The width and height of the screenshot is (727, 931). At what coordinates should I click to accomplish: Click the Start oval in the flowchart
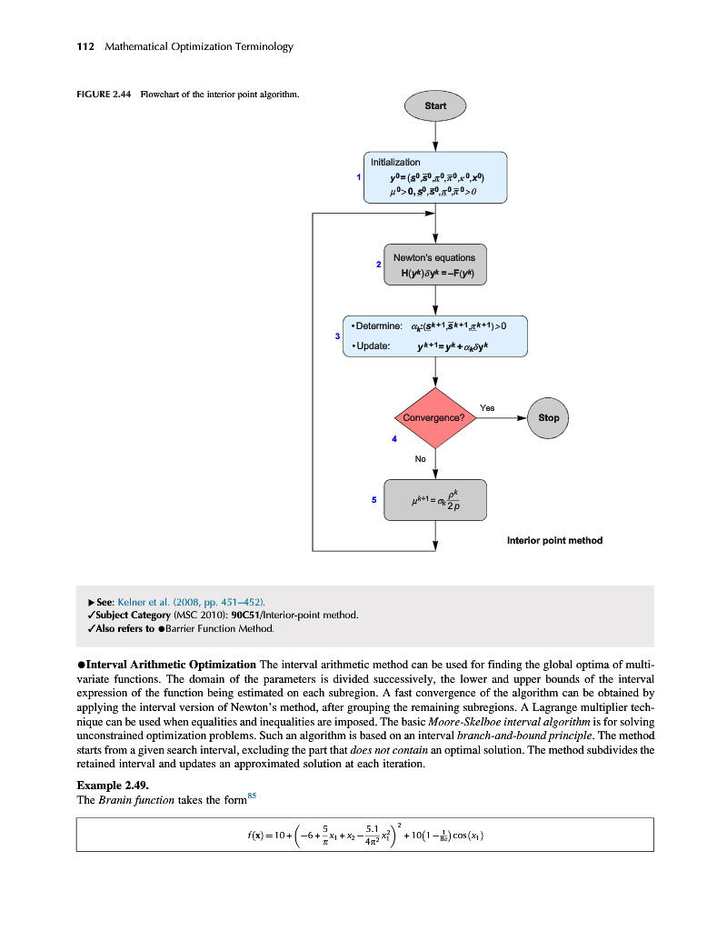click(435, 105)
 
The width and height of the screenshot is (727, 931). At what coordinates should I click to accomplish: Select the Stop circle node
click(549, 418)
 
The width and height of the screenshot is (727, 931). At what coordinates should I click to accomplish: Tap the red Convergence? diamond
click(435, 418)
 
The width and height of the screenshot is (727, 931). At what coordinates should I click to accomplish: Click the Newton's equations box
click(434, 265)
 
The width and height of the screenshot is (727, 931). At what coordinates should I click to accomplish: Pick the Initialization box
click(435, 176)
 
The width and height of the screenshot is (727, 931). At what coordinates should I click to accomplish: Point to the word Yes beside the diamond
click(487, 408)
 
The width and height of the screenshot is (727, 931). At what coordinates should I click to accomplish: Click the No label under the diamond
click(421, 459)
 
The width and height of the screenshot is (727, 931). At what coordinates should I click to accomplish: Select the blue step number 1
click(359, 176)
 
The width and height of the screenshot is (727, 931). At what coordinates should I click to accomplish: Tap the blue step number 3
click(337, 336)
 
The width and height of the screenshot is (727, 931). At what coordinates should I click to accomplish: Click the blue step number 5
click(373, 499)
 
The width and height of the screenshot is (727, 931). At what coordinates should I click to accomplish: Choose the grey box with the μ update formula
click(435, 500)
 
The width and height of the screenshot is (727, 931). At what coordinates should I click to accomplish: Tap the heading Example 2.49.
click(112, 783)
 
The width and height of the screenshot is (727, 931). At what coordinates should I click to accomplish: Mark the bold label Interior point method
click(554, 541)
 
